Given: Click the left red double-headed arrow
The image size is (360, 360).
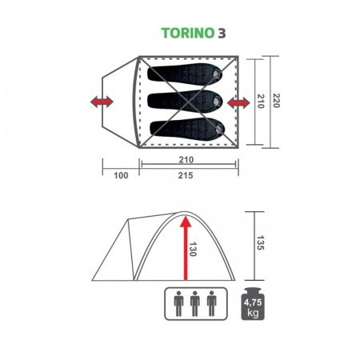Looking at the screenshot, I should coord(101,102).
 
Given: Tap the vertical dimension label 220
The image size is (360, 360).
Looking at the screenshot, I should coord(277,102).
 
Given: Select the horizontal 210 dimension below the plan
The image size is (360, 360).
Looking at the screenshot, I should coord(189,158).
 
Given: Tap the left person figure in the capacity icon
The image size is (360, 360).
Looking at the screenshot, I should coord(177,303).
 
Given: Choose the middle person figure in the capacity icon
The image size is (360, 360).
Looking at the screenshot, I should coord(194,303).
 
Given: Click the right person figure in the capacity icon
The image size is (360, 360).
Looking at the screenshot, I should coord(212,303).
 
